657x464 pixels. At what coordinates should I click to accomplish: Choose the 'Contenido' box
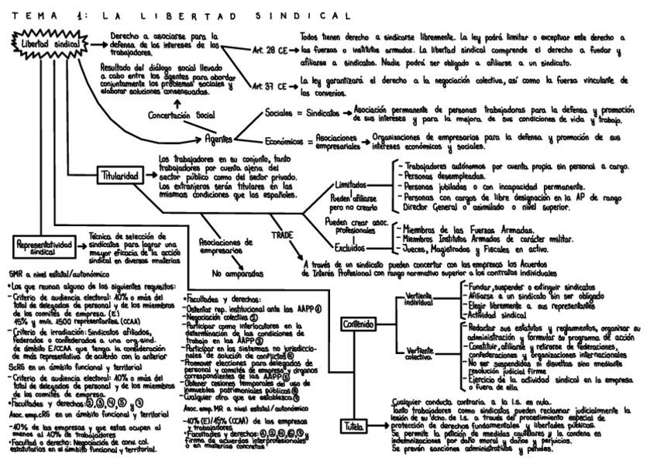(357, 323)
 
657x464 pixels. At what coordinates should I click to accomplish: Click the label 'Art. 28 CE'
(270, 50)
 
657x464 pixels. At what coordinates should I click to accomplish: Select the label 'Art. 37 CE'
(270, 88)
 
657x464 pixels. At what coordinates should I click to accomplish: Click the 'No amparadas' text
(233, 273)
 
